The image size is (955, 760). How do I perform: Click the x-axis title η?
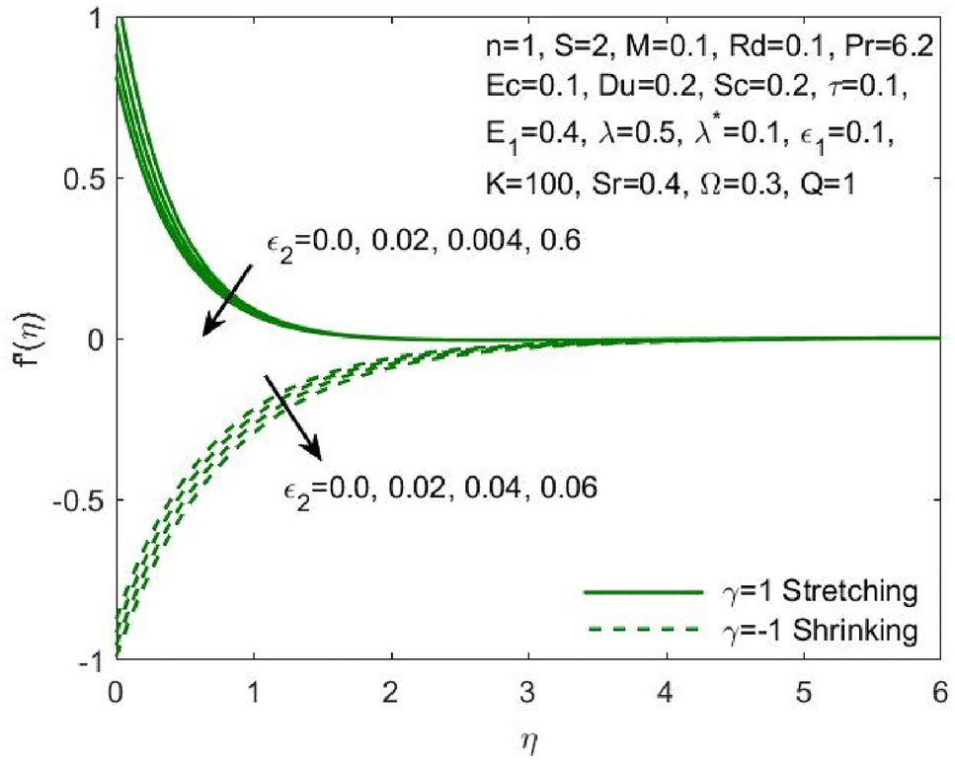(x=528, y=736)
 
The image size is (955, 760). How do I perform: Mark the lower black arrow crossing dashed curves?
(x=292, y=417)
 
